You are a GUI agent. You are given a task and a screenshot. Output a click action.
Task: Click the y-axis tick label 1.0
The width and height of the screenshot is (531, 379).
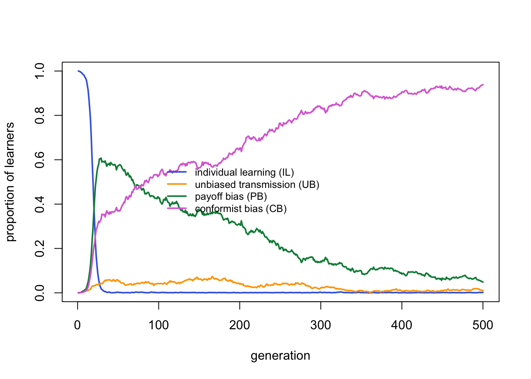tap(40, 71)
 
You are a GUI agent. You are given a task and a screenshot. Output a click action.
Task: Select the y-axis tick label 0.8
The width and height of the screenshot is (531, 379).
tap(40, 115)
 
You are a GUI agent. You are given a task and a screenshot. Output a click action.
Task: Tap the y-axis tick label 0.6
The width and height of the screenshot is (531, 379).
tap(40, 159)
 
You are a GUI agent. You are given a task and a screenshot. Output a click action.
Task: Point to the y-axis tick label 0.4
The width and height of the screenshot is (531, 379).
tap(40, 204)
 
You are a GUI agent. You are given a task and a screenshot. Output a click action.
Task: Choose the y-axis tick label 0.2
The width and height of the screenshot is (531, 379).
tap(40, 248)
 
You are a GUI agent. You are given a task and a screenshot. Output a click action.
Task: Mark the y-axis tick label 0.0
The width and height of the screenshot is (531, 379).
tap(40, 293)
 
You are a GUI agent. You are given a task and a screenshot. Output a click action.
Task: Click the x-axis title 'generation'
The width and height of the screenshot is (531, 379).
tap(280, 356)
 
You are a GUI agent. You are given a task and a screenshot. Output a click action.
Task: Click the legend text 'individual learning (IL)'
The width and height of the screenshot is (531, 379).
tap(244, 173)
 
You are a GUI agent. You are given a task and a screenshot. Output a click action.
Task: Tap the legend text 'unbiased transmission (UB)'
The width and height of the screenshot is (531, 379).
tap(257, 185)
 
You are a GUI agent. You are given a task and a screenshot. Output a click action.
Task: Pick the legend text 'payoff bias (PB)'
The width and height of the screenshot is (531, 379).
tap(231, 197)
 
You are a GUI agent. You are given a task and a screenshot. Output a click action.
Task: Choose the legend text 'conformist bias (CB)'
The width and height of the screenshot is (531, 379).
tap(241, 209)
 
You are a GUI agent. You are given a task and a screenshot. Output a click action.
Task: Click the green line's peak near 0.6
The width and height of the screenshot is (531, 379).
tap(101, 158)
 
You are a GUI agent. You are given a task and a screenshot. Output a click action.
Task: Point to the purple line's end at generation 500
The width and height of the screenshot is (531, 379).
tap(483, 84)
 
